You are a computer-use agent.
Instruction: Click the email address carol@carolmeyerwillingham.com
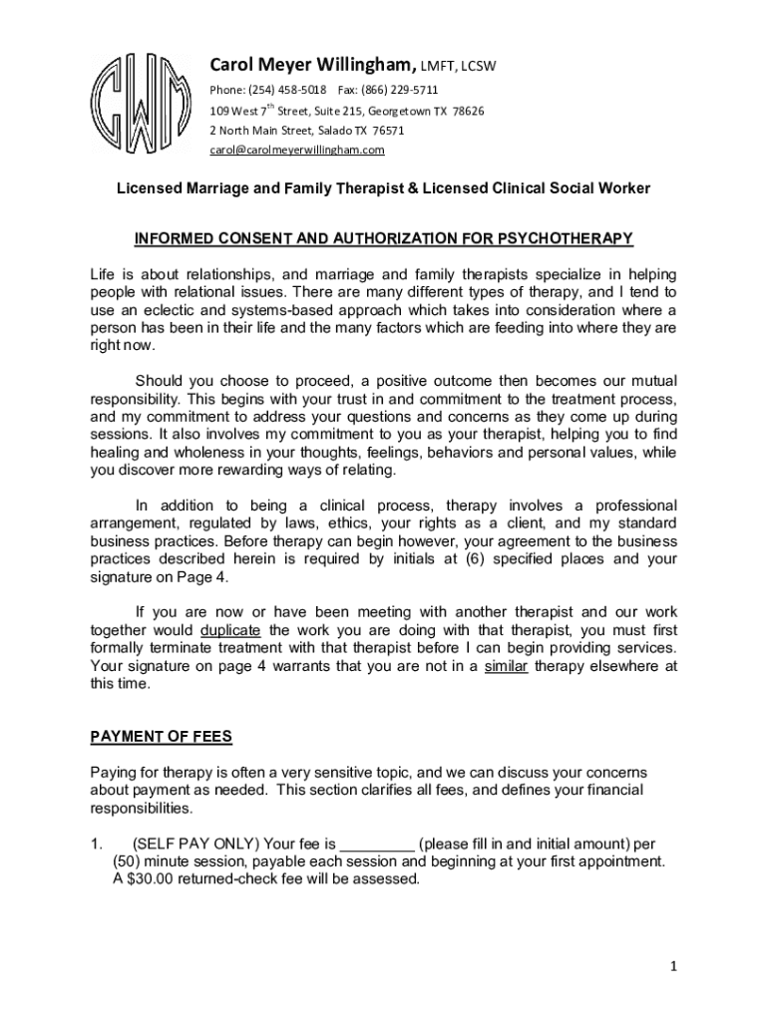tap(296, 150)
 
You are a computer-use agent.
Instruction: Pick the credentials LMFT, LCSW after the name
tap(458, 67)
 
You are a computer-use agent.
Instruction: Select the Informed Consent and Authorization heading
tap(384, 238)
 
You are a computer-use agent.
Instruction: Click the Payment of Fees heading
tap(161, 737)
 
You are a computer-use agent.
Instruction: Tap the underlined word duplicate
tap(230, 630)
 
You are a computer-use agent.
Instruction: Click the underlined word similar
tap(506, 666)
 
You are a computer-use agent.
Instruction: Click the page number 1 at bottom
tap(674, 965)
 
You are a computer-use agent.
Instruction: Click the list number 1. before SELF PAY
tap(97, 844)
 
